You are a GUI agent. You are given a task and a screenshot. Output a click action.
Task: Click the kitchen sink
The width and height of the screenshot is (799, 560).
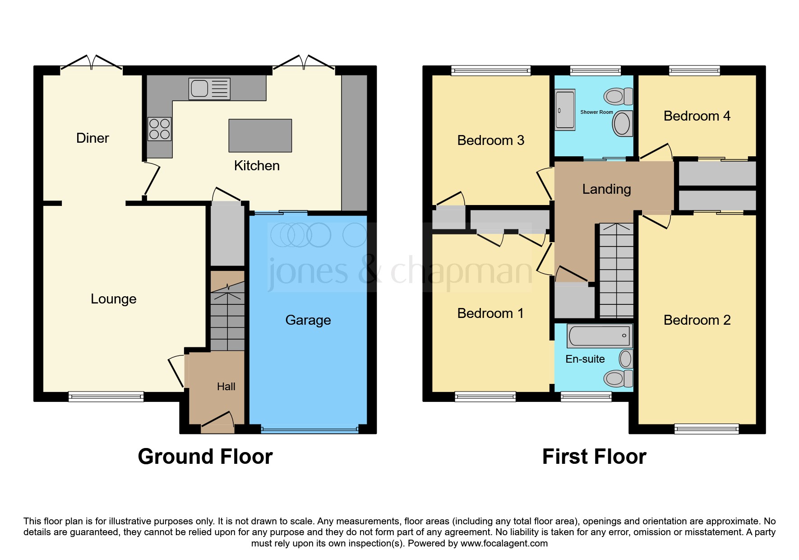[x=209, y=89]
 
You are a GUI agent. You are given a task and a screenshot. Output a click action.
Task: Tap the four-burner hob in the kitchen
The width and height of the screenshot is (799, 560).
[x=160, y=129]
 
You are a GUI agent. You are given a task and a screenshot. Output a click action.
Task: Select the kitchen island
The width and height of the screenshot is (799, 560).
[x=260, y=135]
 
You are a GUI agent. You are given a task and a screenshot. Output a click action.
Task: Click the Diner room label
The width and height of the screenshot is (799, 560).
[x=92, y=138]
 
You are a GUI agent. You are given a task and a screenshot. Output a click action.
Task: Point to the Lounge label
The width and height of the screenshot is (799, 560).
[x=113, y=299]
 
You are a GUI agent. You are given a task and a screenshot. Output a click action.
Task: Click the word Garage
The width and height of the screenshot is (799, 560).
[x=308, y=320]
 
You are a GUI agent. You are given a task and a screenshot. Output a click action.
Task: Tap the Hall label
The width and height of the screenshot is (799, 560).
[x=226, y=387]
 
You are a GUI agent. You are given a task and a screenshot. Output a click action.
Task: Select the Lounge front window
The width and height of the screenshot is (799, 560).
[x=106, y=397]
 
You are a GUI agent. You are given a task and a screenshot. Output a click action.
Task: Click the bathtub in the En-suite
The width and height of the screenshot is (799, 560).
[x=599, y=336]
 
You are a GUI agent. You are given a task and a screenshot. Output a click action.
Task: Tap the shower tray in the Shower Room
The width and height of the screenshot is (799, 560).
[x=565, y=110]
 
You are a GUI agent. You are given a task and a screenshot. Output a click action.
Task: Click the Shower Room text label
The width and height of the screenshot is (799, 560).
[x=596, y=112]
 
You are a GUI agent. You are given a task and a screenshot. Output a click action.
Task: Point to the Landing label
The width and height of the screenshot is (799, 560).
[x=606, y=189]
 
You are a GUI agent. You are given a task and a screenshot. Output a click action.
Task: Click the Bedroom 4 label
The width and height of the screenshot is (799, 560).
[x=697, y=116]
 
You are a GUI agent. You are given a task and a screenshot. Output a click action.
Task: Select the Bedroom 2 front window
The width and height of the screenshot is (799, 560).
[x=707, y=429]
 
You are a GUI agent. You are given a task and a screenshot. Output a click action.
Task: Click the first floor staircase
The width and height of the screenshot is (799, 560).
[x=616, y=271]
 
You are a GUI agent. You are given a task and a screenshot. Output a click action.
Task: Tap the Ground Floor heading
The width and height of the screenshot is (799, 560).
[x=205, y=457]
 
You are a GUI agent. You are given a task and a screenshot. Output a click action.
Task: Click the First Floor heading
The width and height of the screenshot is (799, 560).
[x=594, y=457]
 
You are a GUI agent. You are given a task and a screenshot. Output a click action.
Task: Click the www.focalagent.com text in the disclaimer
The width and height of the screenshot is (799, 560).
[x=504, y=543]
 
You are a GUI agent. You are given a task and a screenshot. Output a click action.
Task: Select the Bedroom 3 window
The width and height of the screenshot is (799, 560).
[x=491, y=70]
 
